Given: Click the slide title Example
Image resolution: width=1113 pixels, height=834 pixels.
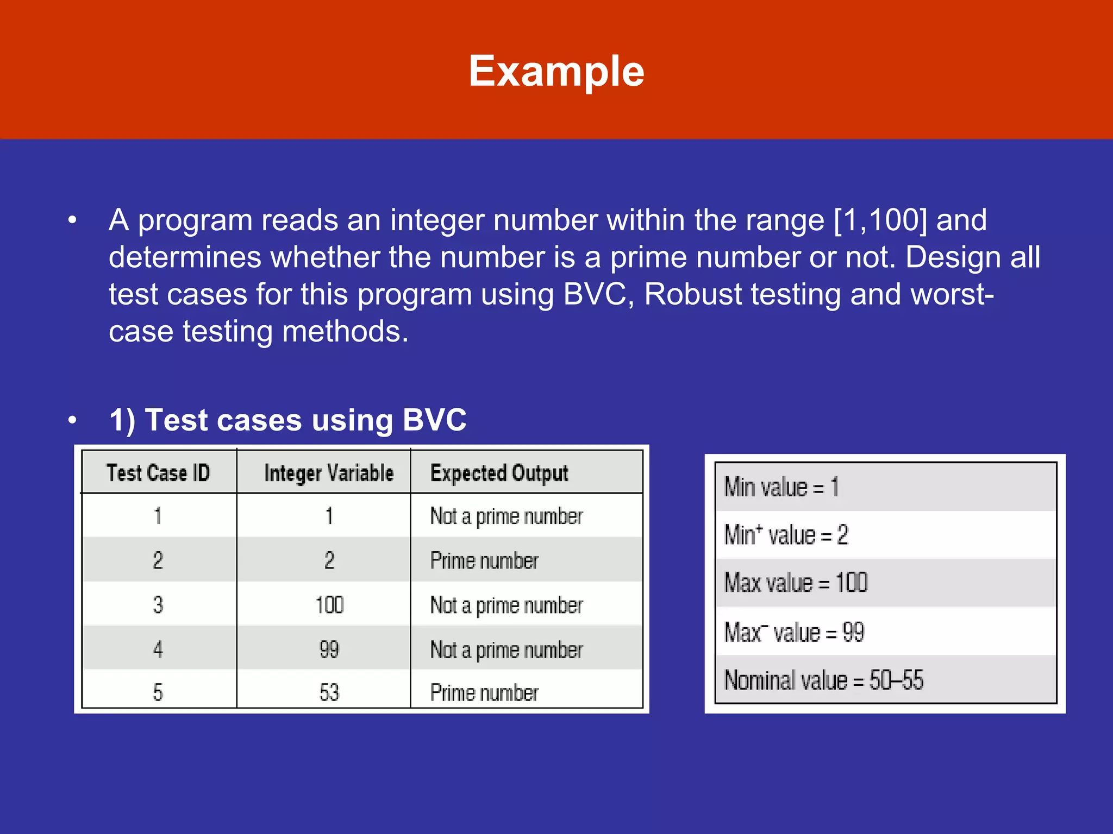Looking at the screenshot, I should tap(556, 71).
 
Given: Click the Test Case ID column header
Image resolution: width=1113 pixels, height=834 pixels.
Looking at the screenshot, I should tap(158, 473).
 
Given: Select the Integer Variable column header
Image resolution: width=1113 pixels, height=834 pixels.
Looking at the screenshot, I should tap(329, 473).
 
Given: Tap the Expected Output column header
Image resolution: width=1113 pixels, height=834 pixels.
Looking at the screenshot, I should tap(499, 473).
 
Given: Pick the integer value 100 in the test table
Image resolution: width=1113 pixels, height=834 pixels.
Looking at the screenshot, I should tap(329, 605).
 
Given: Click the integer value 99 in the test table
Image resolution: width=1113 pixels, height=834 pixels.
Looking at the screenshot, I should tap(329, 649).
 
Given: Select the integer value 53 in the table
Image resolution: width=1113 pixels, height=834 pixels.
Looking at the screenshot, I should tap(329, 693).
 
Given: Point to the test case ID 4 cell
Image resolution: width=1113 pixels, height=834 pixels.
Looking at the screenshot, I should tap(158, 649).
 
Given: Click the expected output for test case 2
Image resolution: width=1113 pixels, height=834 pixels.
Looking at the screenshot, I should tap(484, 561).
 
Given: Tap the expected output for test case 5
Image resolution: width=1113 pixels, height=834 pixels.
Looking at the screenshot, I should tap(484, 693).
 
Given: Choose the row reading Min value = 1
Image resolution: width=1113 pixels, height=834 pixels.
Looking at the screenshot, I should tap(781, 487).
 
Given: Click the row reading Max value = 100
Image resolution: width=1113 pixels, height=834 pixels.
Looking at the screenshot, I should tap(796, 583).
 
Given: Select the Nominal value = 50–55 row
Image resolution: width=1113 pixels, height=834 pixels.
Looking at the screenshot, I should tap(824, 680).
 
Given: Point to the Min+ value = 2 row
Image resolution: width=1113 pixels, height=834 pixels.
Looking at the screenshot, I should tap(786, 535).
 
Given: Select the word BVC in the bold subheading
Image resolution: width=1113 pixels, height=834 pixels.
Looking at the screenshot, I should tap(434, 420).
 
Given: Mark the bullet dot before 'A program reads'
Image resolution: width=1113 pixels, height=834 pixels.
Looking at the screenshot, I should tap(72, 220).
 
